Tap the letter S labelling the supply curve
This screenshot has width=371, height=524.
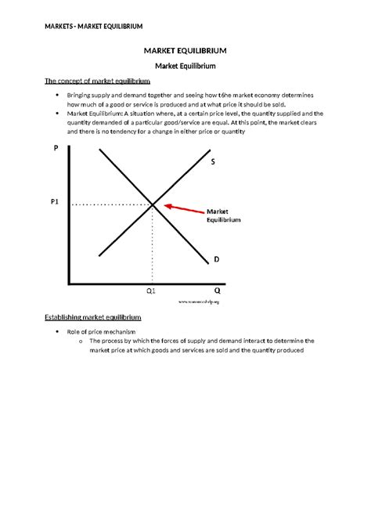pos(212,162)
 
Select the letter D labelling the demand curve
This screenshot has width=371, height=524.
pos(216,258)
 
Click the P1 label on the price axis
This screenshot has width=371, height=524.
pos(55,201)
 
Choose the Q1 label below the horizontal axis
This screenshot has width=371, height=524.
pos(151,291)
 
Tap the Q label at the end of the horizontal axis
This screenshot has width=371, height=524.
pos(217,289)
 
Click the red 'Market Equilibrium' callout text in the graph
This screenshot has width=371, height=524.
pos(223,216)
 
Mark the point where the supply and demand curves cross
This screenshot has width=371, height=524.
pos(153,204)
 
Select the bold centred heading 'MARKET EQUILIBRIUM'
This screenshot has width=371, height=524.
pos(185,51)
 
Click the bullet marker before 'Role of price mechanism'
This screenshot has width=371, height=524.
pos(59,332)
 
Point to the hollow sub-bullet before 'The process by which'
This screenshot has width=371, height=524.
pos(81,342)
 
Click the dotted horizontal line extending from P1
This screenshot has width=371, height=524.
pos(110,204)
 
